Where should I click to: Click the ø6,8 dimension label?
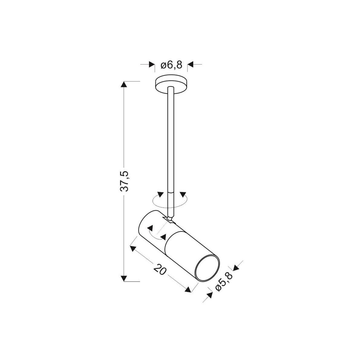[171, 64]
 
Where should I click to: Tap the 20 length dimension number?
[160, 269]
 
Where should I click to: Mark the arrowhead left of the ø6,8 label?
[151, 64]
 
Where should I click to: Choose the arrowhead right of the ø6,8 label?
[191, 64]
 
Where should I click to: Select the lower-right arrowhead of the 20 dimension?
[188, 289]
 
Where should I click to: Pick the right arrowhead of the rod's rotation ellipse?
[183, 194]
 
